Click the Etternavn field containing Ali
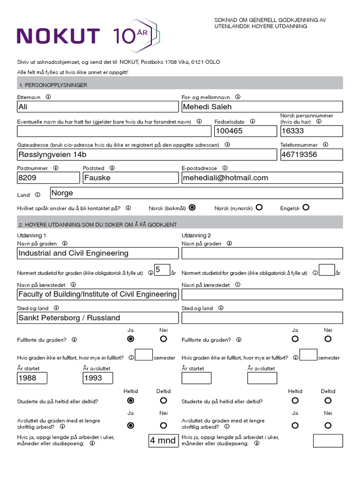tap(97, 107)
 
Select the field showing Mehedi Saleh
tap(262, 107)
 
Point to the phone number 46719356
tap(311, 154)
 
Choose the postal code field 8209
tap(48, 178)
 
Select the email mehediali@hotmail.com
tap(262, 178)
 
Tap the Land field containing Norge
tap(196, 193)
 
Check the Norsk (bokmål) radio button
tap(192, 207)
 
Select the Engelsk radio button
tap(306, 207)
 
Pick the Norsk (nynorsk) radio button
tap(259, 207)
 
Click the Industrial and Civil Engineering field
tap(97, 253)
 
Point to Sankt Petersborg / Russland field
tap(97, 318)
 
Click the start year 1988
tap(32, 378)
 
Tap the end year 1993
tap(97, 378)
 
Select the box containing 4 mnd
tap(163, 441)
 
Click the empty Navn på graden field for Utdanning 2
tap(262, 253)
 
